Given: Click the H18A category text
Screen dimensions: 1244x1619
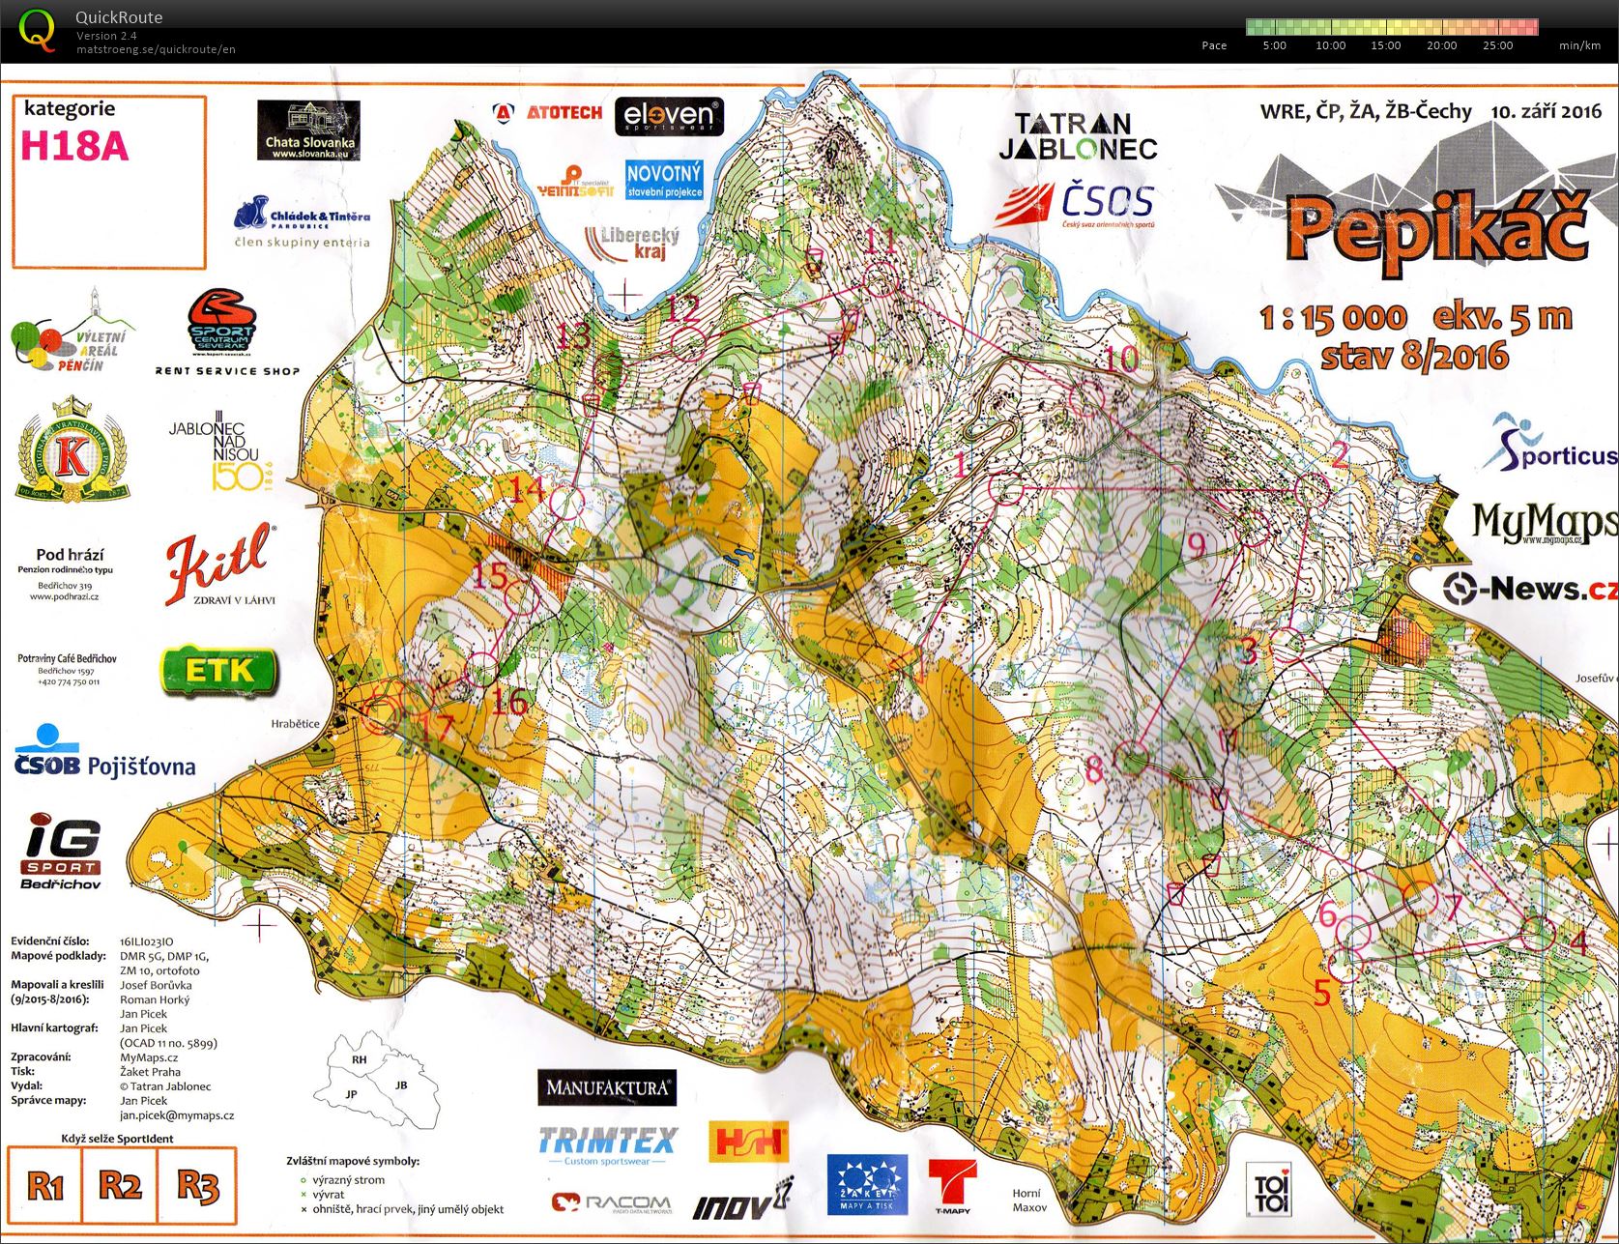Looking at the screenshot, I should tap(74, 146).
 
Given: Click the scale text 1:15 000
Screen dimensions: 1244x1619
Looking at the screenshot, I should tap(1333, 318).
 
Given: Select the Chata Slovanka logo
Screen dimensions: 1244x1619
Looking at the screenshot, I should tap(308, 130).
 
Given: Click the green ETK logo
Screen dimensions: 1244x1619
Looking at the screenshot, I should tap(219, 671).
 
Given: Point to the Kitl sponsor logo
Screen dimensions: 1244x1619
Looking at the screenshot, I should tap(219, 565).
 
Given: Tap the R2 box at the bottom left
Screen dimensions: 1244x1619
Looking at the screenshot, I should tap(120, 1184).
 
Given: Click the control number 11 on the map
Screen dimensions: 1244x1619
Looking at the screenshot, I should tap(880, 240).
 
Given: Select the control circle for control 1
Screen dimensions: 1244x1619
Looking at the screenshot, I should tap(1006, 489).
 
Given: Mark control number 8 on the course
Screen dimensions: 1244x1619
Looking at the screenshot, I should tap(1093, 769).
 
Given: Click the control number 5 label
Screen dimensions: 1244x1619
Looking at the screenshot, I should tap(1322, 992).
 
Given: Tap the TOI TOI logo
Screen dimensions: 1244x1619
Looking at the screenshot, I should tap(1266, 1191).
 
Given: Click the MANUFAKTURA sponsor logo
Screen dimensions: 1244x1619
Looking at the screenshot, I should tap(607, 1087).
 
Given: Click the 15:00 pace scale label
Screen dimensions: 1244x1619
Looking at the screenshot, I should tap(1385, 45).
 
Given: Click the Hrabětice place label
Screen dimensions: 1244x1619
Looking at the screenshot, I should tap(295, 723).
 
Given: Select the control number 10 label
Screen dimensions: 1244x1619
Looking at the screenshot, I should tap(1122, 359).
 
